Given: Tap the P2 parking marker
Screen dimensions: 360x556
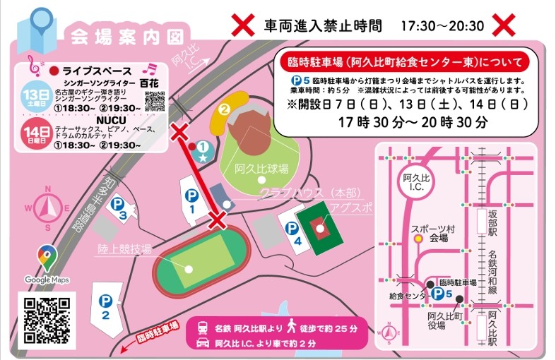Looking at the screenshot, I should [105, 302].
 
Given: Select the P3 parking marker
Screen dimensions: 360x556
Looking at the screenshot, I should [121, 203].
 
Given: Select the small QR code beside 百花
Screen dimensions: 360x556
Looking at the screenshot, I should [155, 101].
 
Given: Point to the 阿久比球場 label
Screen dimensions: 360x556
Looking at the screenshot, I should [263, 169].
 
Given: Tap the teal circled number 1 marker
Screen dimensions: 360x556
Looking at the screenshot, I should [203, 146].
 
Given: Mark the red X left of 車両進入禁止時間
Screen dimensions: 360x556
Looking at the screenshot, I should [243, 26].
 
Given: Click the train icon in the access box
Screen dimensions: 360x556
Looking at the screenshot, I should [203, 328].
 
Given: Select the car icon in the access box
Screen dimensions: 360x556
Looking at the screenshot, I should [203, 342].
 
